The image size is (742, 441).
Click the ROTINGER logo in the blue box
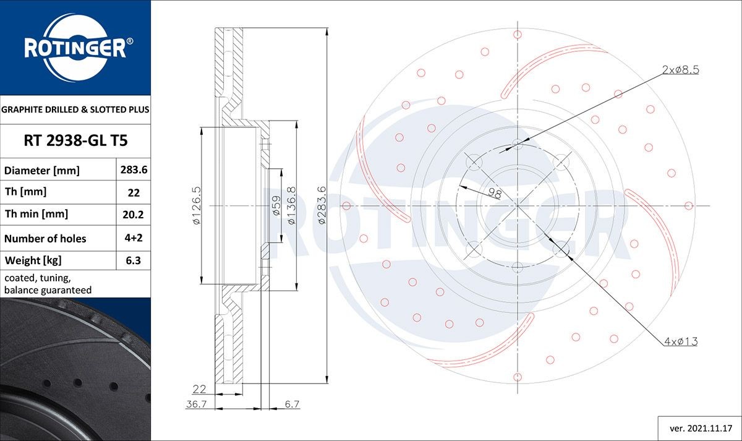(75, 47)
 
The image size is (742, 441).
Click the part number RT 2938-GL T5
(75, 141)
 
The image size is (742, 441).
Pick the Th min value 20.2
(134, 215)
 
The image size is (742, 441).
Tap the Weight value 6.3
(134, 260)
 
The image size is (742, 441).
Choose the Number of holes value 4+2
(134, 238)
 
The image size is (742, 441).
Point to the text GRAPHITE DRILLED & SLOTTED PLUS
(75, 109)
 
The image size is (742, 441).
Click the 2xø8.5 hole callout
(680, 71)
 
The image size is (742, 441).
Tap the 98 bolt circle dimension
(494, 194)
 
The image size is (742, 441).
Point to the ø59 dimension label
(276, 205)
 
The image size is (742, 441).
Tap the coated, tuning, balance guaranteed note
(48, 284)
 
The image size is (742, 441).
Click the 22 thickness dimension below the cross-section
(199, 389)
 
